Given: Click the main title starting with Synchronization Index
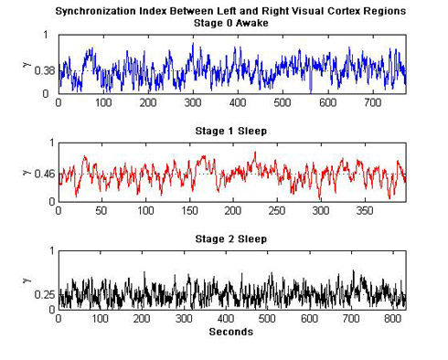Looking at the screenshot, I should point(231,11).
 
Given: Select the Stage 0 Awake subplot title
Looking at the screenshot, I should point(231,23).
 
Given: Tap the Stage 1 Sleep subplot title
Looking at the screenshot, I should point(231,131).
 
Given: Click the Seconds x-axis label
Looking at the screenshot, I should point(231,332).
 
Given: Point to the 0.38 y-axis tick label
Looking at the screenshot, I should point(43,70).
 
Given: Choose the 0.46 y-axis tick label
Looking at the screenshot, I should point(43,174).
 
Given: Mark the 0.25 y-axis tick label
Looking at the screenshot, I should point(43,294).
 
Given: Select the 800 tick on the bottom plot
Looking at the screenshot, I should point(393,319).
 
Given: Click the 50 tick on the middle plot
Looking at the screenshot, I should point(101,210).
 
